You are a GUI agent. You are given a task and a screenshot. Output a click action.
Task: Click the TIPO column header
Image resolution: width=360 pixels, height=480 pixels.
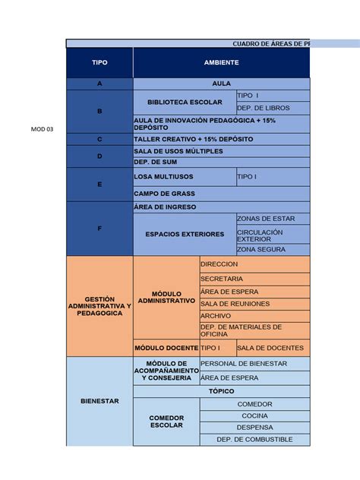[x=99, y=62]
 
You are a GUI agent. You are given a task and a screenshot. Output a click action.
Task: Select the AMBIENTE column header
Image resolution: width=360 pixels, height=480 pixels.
[x=221, y=62]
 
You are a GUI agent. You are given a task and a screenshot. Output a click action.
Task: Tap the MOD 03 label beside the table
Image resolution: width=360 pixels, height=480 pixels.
[x=43, y=129]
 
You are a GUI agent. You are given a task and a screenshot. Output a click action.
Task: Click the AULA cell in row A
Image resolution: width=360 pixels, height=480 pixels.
[x=221, y=84]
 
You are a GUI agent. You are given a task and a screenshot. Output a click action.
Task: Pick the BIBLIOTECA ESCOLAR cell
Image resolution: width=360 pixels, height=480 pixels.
[x=185, y=102]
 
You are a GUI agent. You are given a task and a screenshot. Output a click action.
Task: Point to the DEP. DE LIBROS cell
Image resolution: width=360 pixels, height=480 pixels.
[x=273, y=108]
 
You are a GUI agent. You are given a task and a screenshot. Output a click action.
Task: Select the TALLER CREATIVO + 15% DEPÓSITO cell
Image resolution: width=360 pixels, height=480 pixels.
[x=221, y=140]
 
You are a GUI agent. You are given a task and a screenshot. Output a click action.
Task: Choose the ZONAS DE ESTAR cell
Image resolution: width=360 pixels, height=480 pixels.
[x=273, y=218]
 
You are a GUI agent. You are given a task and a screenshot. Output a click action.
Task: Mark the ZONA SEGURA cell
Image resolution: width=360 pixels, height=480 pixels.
[x=273, y=249]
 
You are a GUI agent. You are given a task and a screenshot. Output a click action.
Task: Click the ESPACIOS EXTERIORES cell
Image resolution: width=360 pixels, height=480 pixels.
[x=185, y=234]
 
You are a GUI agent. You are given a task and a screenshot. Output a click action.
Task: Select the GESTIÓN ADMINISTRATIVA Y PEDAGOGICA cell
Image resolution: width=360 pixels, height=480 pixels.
[x=99, y=307]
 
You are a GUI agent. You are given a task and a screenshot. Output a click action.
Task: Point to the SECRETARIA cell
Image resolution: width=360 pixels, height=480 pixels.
[x=254, y=279]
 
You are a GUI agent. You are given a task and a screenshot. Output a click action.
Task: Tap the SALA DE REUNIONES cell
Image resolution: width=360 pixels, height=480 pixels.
[x=254, y=303]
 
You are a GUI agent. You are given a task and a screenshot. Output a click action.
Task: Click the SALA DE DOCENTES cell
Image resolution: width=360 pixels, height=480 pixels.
[x=273, y=348]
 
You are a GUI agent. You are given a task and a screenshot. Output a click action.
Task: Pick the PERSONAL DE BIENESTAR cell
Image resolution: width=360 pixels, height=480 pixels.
[x=254, y=364]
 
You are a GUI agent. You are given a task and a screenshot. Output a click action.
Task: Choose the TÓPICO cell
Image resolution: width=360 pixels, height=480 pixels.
[x=221, y=390]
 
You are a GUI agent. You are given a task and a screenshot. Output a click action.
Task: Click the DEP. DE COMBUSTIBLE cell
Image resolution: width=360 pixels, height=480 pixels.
[x=254, y=439]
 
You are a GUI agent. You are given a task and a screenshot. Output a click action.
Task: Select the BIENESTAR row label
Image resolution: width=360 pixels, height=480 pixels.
[x=99, y=401]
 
